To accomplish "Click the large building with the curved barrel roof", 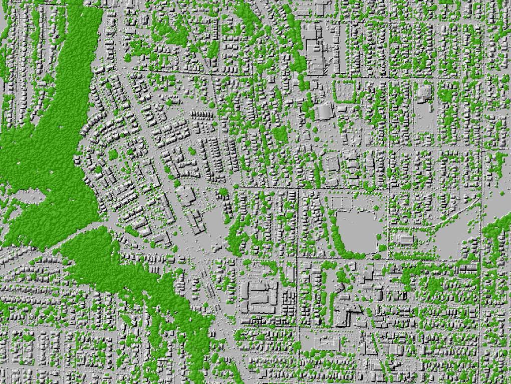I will (324, 111).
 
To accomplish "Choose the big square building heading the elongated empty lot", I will (424, 92).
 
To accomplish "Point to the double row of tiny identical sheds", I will (202, 115).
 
